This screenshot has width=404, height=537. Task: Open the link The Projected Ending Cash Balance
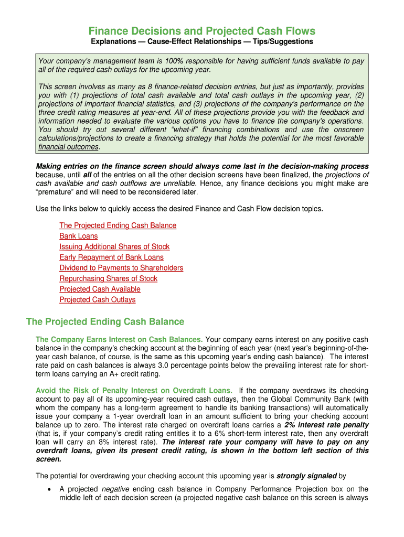tap(118, 225)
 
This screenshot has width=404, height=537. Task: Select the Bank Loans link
tap(78, 236)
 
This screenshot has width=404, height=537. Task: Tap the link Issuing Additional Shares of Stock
tap(114, 246)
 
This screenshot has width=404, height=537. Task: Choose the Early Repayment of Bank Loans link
tap(111, 257)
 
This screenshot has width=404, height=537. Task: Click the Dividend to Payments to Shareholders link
tap(121, 268)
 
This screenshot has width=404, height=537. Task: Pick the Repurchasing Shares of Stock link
tap(108, 278)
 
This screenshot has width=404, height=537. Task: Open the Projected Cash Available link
tap(100, 289)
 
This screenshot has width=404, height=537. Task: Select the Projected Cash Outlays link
tap(97, 299)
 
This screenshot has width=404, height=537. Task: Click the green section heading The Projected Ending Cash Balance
tap(105, 321)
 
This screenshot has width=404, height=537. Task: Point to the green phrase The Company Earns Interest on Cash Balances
tap(119, 339)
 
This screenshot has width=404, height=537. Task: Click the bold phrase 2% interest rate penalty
tap(326, 425)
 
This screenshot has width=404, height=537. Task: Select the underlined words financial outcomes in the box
tap(69, 147)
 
